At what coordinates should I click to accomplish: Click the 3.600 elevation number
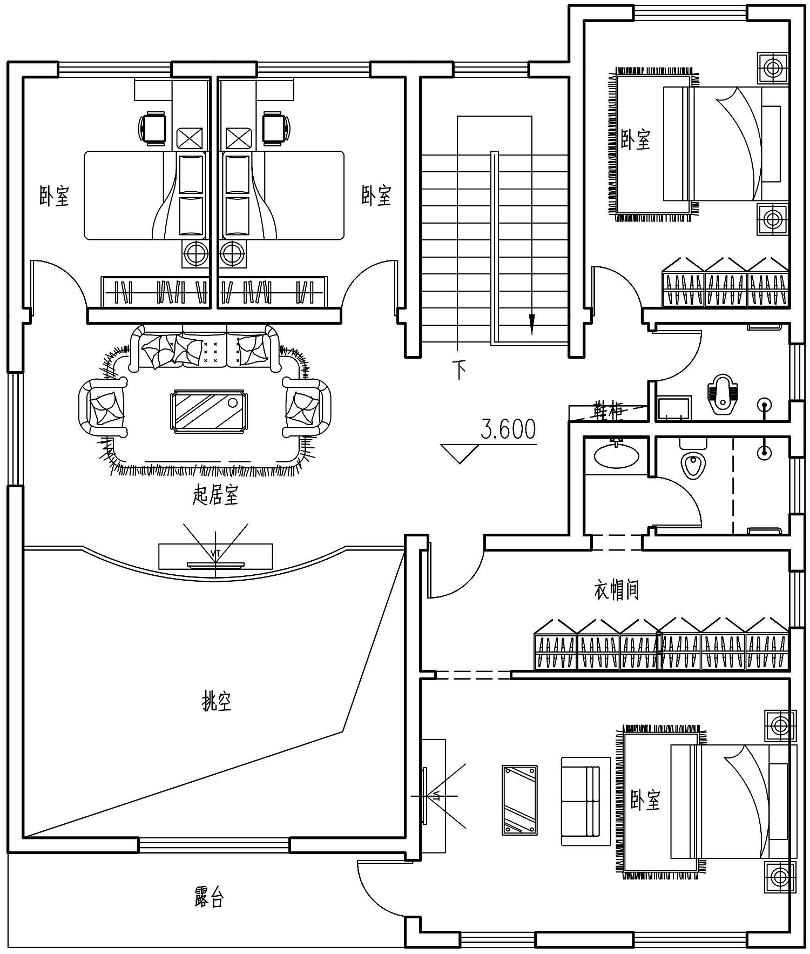508,429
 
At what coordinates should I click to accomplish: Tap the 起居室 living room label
215,495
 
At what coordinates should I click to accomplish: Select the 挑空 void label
217,702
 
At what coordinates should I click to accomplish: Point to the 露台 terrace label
209,897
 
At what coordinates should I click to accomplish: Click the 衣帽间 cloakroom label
617,589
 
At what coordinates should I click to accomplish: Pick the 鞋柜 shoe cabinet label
608,411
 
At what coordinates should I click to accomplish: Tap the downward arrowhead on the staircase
531,324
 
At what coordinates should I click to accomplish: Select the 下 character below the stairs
460,370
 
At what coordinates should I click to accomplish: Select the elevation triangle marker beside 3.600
460,453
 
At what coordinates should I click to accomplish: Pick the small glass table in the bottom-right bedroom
519,800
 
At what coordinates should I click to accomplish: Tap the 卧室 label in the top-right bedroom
636,139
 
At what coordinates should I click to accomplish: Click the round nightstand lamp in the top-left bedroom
195,252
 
